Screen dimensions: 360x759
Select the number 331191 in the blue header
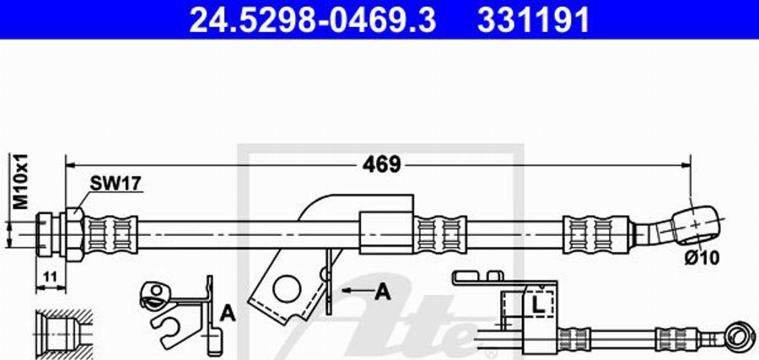tap(533, 19)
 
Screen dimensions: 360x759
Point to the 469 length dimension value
tap(382, 164)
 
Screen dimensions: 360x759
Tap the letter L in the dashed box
tap(536, 302)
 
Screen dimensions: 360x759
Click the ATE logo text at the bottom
tap(422, 325)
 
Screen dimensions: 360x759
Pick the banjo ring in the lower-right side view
tap(738, 336)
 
